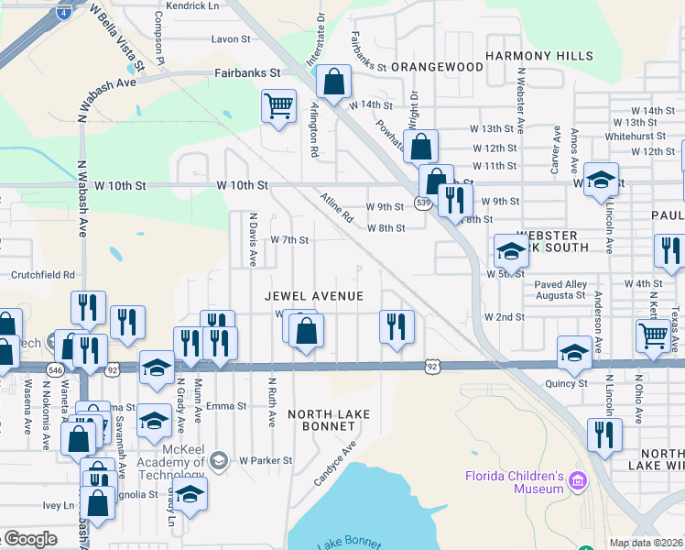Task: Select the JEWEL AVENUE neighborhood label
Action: pos(314,296)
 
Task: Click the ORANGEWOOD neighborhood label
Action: pos(438,67)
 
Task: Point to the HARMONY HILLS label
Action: pos(539,56)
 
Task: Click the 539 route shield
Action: pos(423,203)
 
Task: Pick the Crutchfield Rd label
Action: pos(42,274)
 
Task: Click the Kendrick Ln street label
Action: pos(187,5)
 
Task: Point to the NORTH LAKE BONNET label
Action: pos(329,420)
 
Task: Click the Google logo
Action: pos(30,539)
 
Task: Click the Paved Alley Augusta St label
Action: pos(560,290)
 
